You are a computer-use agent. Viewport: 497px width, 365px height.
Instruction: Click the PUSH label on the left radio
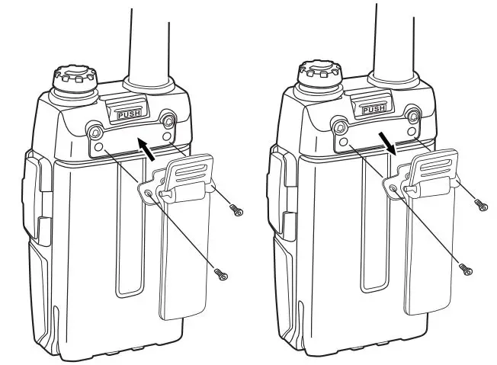(129, 114)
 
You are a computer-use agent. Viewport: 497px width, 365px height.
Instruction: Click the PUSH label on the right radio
(373, 110)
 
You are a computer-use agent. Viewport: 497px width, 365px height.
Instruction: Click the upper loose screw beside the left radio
(235, 207)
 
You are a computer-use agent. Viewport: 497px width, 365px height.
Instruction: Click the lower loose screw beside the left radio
(221, 272)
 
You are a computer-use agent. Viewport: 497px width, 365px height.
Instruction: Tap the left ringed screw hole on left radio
(97, 131)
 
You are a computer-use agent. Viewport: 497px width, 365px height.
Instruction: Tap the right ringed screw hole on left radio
(168, 119)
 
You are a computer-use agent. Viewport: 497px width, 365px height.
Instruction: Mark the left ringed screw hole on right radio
(341, 126)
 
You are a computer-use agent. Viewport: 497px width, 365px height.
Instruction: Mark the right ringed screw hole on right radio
(412, 116)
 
